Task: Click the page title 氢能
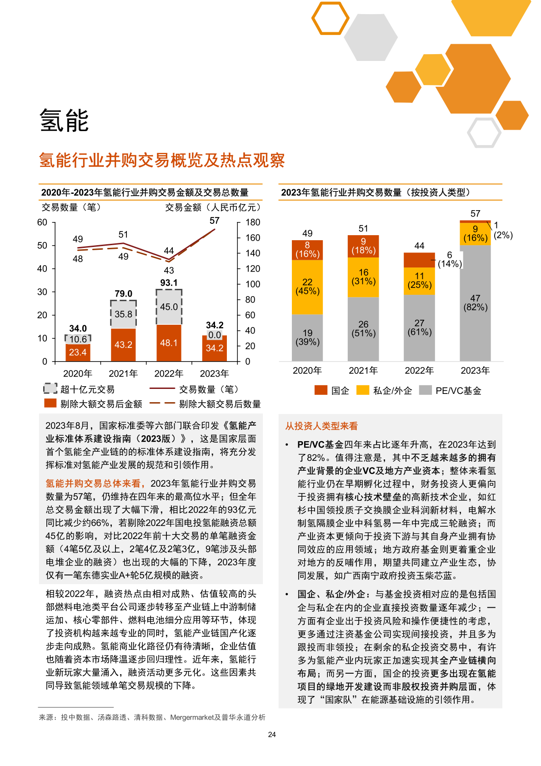[x=64, y=121]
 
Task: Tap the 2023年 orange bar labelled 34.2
[x=215, y=348]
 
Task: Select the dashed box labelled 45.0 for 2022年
[x=169, y=307]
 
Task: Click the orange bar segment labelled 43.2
[x=123, y=345]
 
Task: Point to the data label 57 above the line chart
[x=215, y=221]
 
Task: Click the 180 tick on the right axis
[x=253, y=222]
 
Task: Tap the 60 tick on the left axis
[x=42, y=222]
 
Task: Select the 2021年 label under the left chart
[x=123, y=373]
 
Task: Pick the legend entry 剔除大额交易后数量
[x=220, y=404]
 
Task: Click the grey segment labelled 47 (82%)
[x=475, y=303]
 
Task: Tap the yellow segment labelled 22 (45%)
[x=307, y=287]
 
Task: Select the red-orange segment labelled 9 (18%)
[x=363, y=246]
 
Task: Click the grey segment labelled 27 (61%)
[x=419, y=328]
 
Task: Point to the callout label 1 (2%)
[x=502, y=230]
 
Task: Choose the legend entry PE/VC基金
[x=458, y=391]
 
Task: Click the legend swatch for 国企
[x=321, y=390]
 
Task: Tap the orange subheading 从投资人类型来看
[x=321, y=426]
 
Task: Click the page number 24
[x=272, y=734]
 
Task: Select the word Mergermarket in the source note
[x=191, y=717]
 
